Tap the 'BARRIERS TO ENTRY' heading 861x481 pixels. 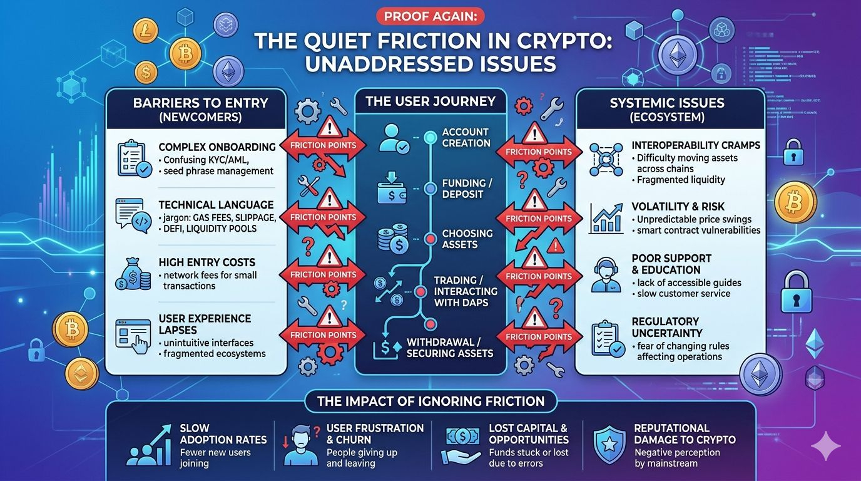pos(200,103)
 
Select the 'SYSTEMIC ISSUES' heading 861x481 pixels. pos(667,103)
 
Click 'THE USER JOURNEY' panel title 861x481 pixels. pos(430,101)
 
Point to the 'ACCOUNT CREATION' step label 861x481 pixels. pos(466,138)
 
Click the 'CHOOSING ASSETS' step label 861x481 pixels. pos(467,239)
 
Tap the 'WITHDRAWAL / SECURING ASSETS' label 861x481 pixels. pos(450,348)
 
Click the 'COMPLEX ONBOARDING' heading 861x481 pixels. pos(217,147)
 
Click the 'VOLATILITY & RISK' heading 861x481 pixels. pos(678,207)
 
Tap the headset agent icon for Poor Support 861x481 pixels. pos(606,276)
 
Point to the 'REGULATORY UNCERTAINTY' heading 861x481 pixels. pos(666,327)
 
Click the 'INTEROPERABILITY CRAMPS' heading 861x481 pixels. pos(696,145)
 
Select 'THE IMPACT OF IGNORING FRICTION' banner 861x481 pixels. pos(430,401)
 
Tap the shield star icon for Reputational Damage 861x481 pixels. pos(609,445)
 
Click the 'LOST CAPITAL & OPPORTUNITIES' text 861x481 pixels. pos(528,434)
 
